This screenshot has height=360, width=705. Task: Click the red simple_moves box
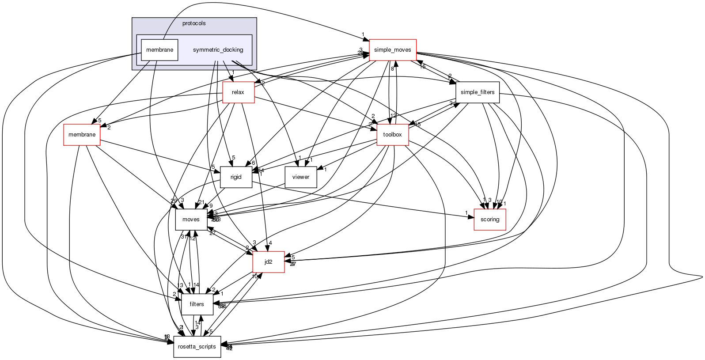(392, 50)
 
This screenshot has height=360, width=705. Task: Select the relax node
(238, 92)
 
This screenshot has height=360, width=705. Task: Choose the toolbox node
(392, 134)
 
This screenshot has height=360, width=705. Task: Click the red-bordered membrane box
(82, 134)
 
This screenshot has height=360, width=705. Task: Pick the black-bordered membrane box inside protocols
(159, 50)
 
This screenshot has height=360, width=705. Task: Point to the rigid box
(236, 177)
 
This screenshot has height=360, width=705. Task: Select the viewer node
(301, 177)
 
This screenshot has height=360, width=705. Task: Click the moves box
(191, 220)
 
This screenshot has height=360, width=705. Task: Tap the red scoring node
(490, 220)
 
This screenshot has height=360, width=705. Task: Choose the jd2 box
(268, 262)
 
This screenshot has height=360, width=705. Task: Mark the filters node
(197, 304)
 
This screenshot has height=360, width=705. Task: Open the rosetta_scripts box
(197, 347)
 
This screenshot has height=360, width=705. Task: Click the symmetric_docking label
(218, 50)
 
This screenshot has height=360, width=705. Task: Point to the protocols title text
(194, 23)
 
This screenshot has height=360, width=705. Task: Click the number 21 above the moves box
(201, 202)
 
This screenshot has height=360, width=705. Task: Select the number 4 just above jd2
(270, 243)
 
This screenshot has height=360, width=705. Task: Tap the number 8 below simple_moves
(392, 68)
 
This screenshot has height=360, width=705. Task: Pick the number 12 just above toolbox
(394, 116)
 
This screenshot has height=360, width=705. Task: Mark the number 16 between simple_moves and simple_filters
(422, 67)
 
